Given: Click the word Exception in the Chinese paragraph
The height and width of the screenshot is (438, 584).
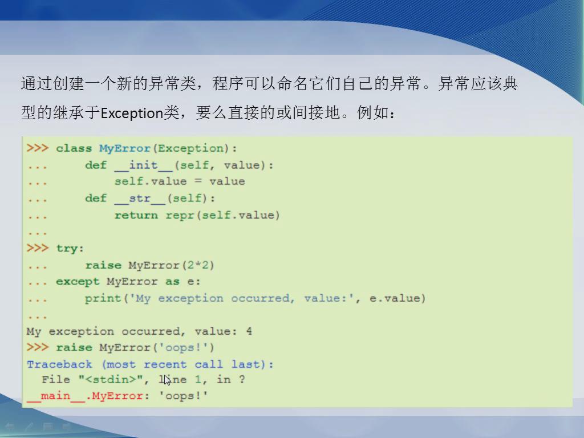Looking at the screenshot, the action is pyautogui.click(x=132, y=113).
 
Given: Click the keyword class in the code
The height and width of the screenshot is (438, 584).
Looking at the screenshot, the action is pyautogui.click(x=74, y=148).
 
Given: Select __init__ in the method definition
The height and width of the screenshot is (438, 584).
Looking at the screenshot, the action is pyautogui.click(x=143, y=165).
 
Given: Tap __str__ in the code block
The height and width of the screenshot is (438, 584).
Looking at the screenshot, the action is pyautogui.click(x=140, y=198).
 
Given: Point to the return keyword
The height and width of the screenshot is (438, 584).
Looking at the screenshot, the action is pyautogui.click(x=136, y=215).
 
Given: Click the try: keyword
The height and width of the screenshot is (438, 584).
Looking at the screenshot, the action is pyautogui.click(x=70, y=249).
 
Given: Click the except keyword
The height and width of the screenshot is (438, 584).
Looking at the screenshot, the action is pyautogui.click(x=78, y=282).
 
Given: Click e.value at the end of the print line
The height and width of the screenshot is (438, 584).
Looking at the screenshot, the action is pyautogui.click(x=395, y=298).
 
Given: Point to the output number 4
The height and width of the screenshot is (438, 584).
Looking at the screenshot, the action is pyautogui.click(x=249, y=331).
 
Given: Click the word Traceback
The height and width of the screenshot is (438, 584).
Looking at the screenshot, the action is pyautogui.click(x=59, y=364).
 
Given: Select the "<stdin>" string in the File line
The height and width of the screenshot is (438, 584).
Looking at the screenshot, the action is pyautogui.click(x=111, y=379).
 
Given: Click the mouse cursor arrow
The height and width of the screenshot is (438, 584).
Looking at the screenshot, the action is pyautogui.click(x=167, y=380).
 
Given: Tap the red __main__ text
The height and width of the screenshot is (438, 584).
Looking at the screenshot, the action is pyautogui.click(x=56, y=396).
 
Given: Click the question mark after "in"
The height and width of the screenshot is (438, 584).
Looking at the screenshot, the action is pyautogui.click(x=242, y=379).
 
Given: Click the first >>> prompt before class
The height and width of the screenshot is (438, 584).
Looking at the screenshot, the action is pyautogui.click(x=38, y=148).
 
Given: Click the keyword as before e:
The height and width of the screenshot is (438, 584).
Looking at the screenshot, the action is pyautogui.click(x=172, y=282).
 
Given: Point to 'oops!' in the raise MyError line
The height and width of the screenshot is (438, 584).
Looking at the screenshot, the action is pyautogui.click(x=183, y=347).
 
